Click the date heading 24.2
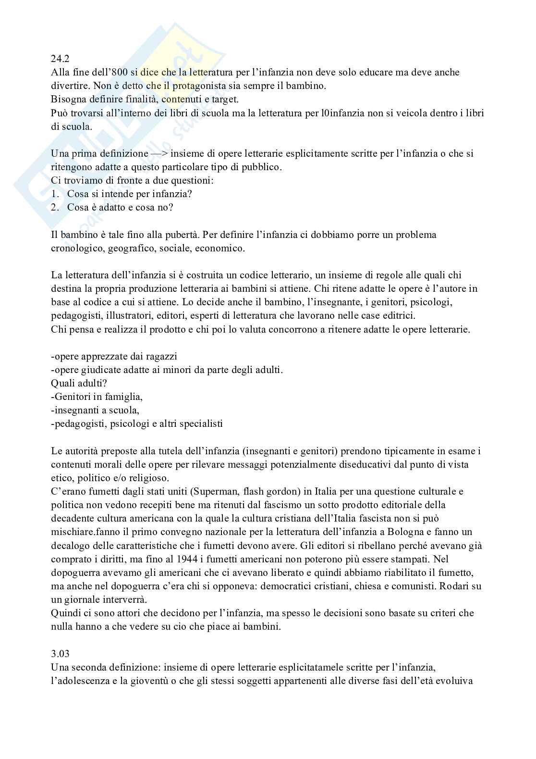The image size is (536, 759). [60, 59]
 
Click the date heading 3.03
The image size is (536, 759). [61, 654]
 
